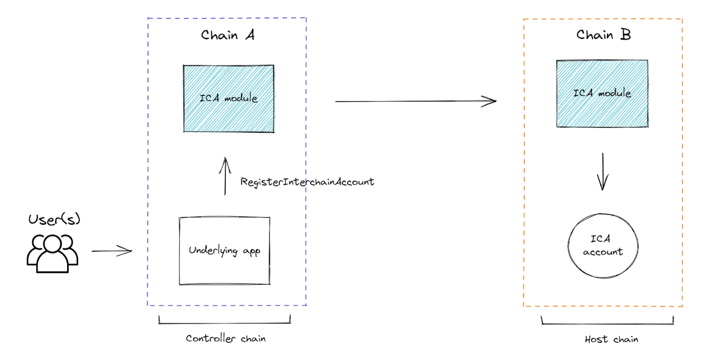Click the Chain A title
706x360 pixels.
pos(227,35)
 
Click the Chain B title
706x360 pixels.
pos(603,35)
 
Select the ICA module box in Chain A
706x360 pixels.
pos(228,98)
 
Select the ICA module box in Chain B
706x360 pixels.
pos(602,94)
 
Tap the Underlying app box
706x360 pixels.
pos(224,251)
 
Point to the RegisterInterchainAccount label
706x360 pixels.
pos(307,182)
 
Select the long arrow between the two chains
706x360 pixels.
pos(415,101)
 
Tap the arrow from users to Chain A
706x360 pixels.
pos(111,251)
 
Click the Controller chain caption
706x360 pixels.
pos(225,338)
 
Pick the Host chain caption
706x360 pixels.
pos(611,339)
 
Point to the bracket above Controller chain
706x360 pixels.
pos(225,322)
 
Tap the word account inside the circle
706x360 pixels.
pos(603,252)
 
